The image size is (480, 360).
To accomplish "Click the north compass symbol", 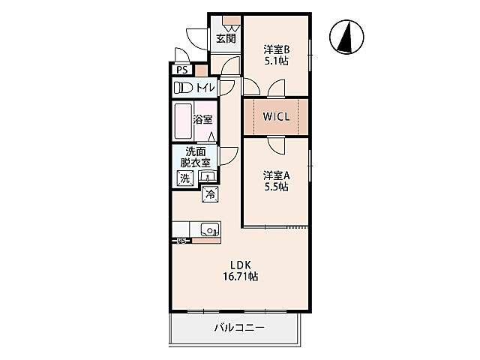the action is (x=346, y=37).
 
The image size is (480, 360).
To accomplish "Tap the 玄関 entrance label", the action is (x=226, y=39).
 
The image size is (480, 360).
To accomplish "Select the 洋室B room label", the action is (x=277, y=49).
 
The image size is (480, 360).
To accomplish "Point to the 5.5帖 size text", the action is (x=277, y=187).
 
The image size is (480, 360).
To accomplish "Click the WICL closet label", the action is (x=276, y=117).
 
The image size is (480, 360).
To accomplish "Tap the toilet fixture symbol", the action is (x=183, y=88).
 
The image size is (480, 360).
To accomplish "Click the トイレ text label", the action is (x=205, y=88).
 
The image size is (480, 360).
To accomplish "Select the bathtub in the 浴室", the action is (x=183, y=121).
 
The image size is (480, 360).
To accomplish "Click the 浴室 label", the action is (x=202, y=119).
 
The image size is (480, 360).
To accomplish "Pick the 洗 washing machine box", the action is (x=185, y=178).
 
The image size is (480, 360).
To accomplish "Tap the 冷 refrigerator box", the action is (x=210, y=194).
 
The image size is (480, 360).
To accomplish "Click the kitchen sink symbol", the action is (x=210, y=229).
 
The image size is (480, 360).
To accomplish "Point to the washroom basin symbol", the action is (x=208, y=177).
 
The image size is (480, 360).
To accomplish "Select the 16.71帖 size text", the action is (x=241, y=277).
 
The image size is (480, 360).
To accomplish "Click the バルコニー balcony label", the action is (x=239, y=328).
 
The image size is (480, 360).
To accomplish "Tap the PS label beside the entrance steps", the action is (x=181, y=70).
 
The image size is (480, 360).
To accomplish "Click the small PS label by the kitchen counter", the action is (x=181, y=241).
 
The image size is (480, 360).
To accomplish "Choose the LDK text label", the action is (x=241, y=265).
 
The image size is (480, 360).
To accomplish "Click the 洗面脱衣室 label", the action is (x=195, y=157).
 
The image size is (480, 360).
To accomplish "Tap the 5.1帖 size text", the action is (x=277, y=61).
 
